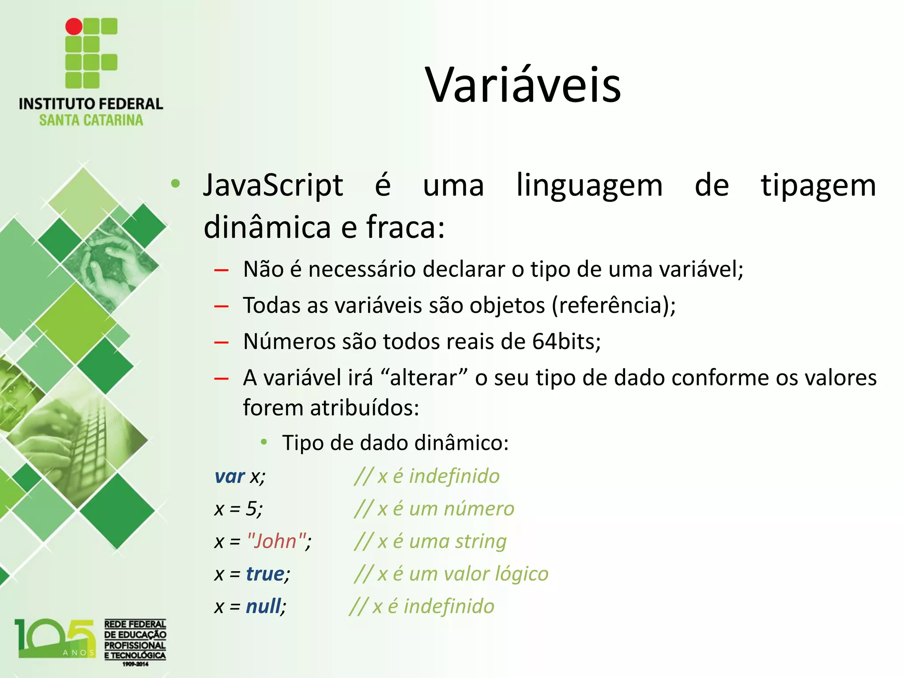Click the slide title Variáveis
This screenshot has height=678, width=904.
coord(523,85)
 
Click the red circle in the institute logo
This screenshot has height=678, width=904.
coord(74,26)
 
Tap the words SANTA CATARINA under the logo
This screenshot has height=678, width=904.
coord(91,120)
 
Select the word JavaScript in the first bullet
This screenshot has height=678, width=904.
coord(273,185)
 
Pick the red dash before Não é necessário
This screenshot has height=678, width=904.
coord(221,270)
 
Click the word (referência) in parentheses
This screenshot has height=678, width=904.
coord(614,305)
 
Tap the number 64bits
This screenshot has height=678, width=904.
coord(566,341)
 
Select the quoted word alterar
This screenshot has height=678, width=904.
coord(423,378)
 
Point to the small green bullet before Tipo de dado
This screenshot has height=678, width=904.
coord(264,442)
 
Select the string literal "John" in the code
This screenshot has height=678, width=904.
coord(277,541)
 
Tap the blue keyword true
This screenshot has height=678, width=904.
coord(265,574)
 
